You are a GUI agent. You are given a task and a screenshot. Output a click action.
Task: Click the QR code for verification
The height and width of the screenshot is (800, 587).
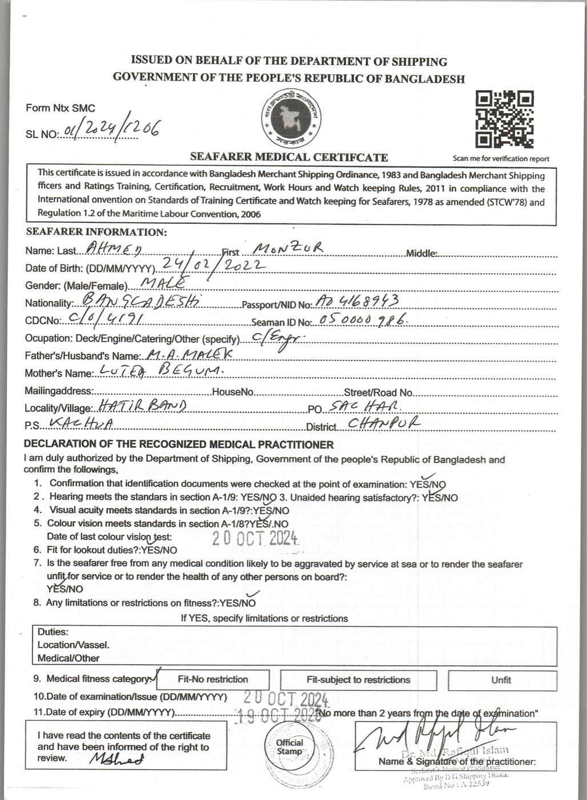tap(505, 119)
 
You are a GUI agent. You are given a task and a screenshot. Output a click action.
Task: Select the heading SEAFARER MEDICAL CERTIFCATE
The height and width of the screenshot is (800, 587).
tap(289, 157)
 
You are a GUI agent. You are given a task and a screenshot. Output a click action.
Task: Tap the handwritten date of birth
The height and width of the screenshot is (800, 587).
tap(212, 265)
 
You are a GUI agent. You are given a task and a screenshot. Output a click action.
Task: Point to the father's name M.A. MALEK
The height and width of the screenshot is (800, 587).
tap(190, 354)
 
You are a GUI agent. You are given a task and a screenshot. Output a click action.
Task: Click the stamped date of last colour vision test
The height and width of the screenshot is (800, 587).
tap(255, 538)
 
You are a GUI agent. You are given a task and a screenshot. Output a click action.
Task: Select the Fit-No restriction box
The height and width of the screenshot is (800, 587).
tap(212, 679)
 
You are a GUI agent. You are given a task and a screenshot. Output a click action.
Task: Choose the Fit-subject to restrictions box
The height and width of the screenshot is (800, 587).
tap(358, 680)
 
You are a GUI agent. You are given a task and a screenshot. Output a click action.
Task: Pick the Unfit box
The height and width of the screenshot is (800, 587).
tap(501, 680)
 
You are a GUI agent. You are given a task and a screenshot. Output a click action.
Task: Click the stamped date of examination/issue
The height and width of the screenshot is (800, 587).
tap(286, 698)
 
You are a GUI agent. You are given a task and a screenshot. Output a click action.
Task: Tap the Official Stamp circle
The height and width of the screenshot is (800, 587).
tap(290, 747)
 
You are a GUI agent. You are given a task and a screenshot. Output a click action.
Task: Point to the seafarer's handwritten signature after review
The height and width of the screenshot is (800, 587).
tap(116, 759)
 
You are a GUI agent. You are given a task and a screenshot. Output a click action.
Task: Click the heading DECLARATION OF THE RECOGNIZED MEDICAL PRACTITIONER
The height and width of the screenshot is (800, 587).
tap(179, 444)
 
